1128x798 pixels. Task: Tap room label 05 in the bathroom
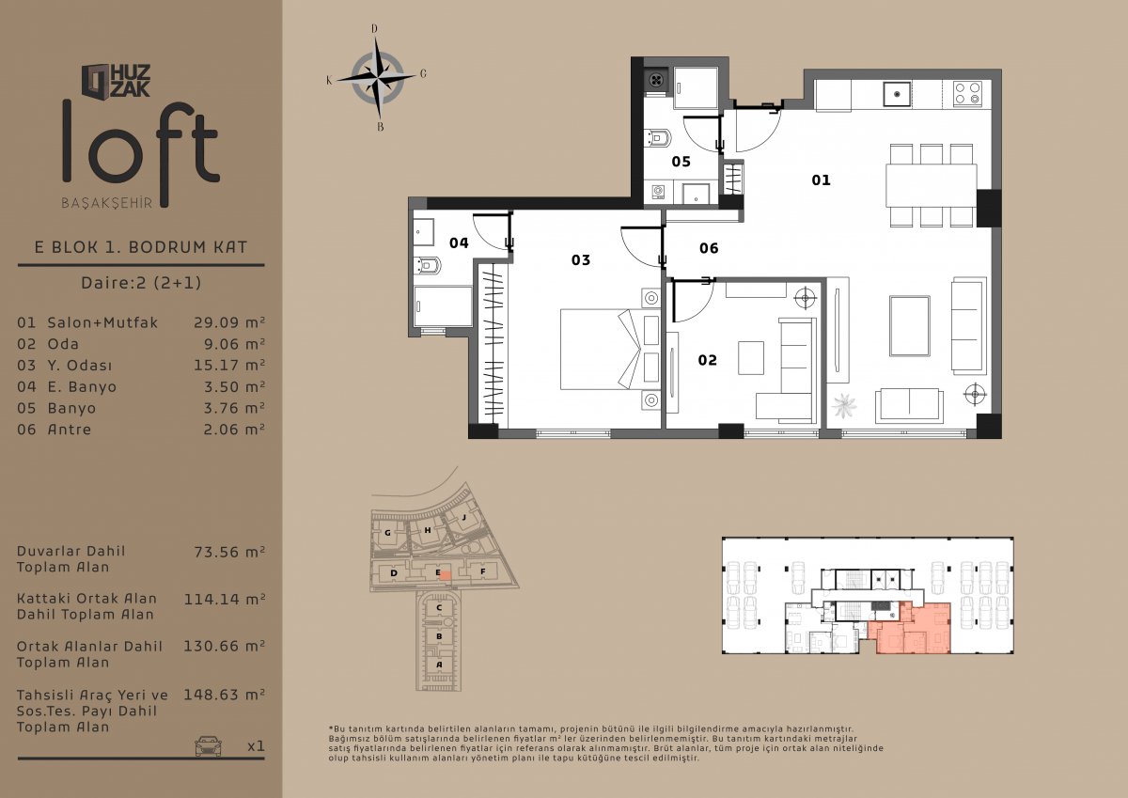[x=681, y=162]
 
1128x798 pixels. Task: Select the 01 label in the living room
[x=821, y=180]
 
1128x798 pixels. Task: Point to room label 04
[x=459, y=243]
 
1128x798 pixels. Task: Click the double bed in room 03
[x=610, y=349]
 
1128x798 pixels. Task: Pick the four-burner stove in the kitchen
[x=967, y=94]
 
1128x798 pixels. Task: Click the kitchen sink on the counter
[x=897, y=95]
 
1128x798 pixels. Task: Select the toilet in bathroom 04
[x=427, y=265]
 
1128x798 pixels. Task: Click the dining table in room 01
[x=932, y=185]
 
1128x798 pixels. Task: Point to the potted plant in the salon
[x=843, y=405]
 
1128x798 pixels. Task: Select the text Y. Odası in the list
[x=80, y=365]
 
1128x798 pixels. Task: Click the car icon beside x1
[x=208, y=746]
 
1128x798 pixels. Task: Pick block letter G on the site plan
[x=387, y=533]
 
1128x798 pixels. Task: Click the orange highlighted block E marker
[x=445, y=575]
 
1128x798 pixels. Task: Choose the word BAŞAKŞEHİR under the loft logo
[x=107, y=203]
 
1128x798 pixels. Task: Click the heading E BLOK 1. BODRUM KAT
[x=141, y=247]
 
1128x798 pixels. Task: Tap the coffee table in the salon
[x=910, y=326]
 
